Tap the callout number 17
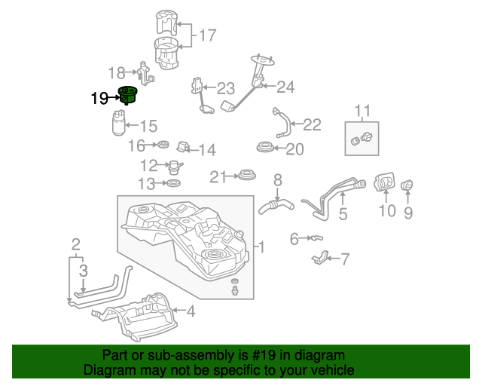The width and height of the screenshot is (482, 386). coord(206,35)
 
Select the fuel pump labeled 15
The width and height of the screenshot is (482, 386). coord(119,124)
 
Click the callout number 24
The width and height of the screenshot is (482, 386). coord(285,87)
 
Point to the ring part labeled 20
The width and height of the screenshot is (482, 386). coord(265,148)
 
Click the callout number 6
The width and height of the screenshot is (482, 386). coord(294,239)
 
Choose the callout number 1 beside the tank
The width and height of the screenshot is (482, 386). coord(261,247)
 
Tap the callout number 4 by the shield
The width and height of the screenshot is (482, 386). coord(191,311)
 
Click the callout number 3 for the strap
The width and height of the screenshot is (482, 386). coord(83,271)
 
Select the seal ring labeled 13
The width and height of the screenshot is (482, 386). coord(172,183)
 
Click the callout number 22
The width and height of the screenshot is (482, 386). coord(312,124)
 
